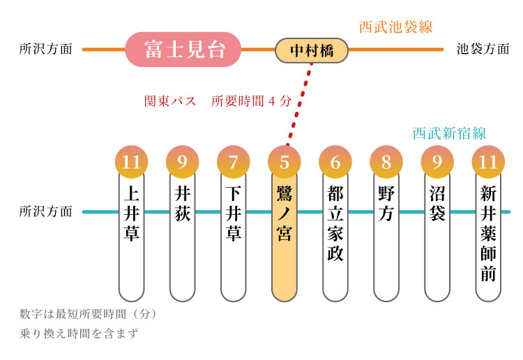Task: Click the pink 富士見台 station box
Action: coord(183,50)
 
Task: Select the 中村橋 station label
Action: coord(311,50)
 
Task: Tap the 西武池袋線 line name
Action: coord(395,27)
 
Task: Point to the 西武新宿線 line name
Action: coord(449,133)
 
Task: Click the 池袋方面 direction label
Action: coord(483,50)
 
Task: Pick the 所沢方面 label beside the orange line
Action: coord(46,50)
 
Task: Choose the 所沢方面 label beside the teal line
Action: coord(46,211)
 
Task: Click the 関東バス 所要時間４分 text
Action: coord(218,100)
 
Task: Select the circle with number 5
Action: coord(285,163)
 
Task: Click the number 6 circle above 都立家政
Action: coord(335,163)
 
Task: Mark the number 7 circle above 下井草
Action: coord(234,163)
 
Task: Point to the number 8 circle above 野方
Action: coord(386,163)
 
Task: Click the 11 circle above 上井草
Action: coord(131,163)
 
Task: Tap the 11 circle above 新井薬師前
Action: coord(488,163)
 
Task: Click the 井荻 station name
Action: coord(183,204)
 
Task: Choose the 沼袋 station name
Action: coord(437,204)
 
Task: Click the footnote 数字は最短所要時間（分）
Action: coord(89,314)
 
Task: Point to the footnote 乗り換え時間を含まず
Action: coord(79,333)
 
